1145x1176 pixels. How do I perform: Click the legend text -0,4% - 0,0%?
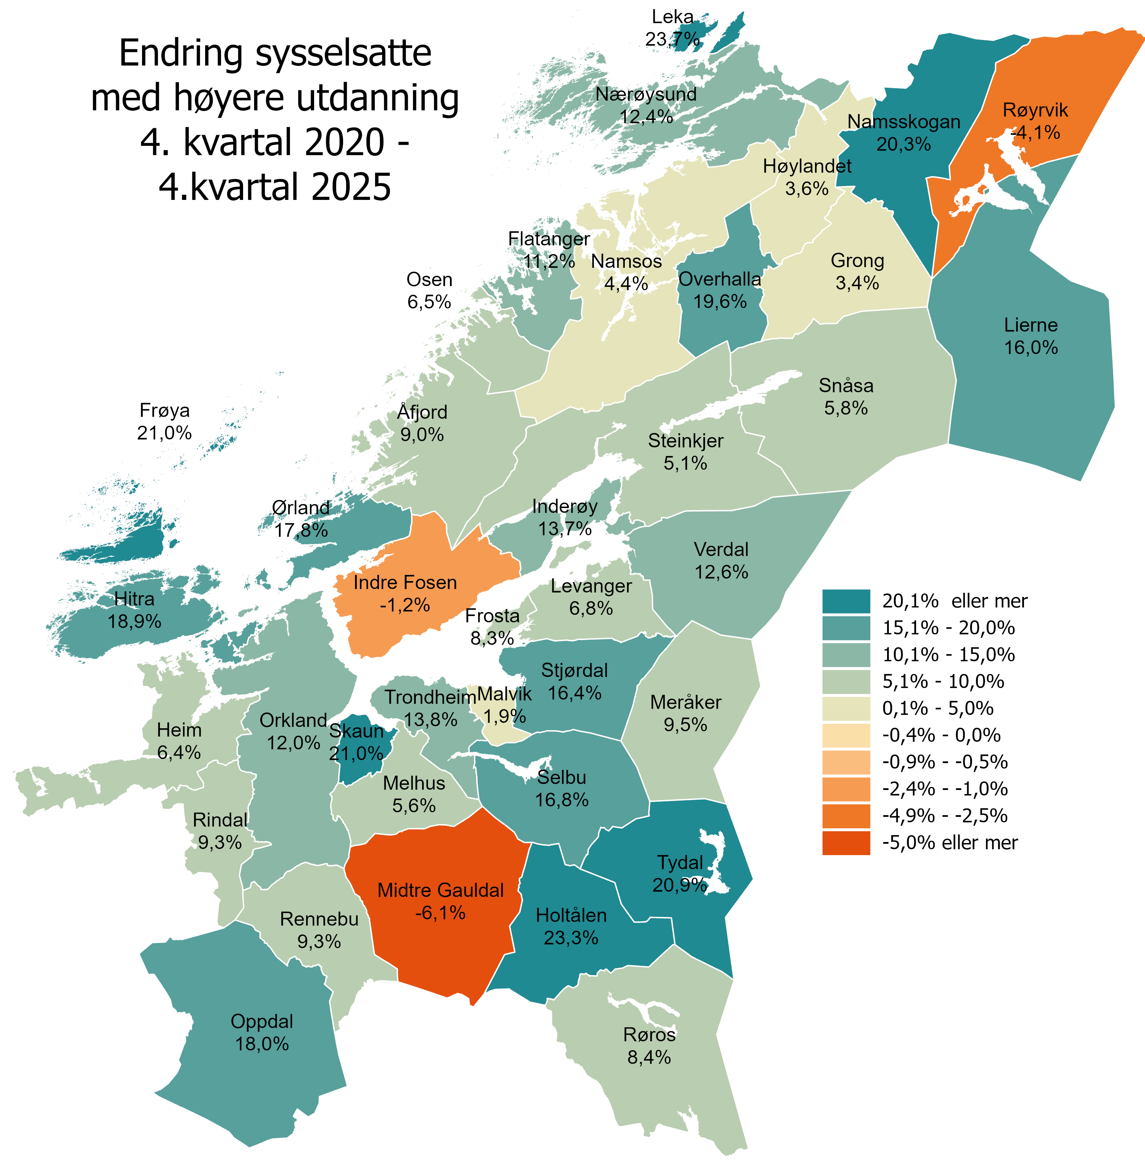click(941, 735)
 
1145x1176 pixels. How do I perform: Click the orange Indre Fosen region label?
click(405, 582)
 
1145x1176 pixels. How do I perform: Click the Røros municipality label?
click(650, 1035)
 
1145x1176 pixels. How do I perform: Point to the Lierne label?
click(1031, 325)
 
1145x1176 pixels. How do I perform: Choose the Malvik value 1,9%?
click(505, 716)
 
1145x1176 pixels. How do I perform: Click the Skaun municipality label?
click(356, 731)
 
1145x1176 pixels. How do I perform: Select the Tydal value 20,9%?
click(680, 885)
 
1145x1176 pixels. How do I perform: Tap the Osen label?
click(429, 280)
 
